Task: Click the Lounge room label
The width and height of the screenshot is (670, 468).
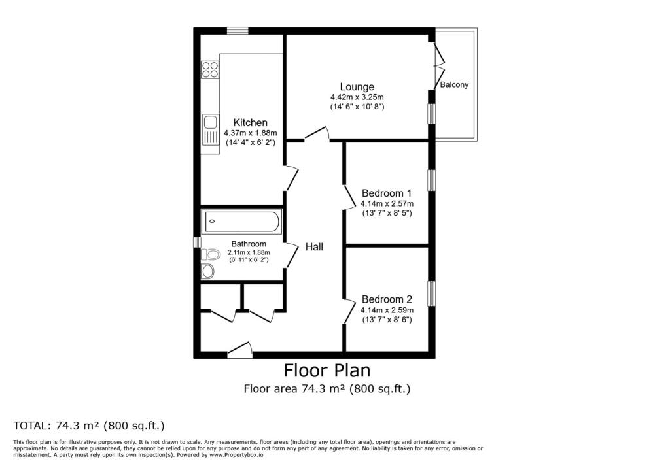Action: [x=357, y=86]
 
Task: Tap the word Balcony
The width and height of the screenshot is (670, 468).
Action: [x=454, y=85]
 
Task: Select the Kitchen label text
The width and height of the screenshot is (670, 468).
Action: [x=250, y=122]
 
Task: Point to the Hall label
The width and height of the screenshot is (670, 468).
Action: [x=313, y=247]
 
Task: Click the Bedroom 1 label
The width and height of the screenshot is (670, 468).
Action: [x=386, y=193]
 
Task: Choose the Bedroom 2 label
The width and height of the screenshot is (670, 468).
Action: [x=386, y=299]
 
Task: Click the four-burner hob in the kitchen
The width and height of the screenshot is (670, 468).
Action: [x=210, y=69]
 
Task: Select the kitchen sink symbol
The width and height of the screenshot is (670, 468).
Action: [x=210, y=129]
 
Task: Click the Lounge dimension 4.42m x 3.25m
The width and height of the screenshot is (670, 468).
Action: [x=357, y=97]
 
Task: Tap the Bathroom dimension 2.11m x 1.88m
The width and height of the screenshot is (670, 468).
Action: [x=249, y=252]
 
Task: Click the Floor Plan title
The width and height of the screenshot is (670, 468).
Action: [x=326, y=371]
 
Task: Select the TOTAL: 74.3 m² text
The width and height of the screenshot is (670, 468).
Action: [x=88, y=426]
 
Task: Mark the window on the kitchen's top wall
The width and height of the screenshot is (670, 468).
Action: [x=238, y=30]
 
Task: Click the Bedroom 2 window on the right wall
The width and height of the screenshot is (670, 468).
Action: [x=431, y=293]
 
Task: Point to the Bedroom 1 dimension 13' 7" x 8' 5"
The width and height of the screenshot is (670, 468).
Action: [x=386, y=213]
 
